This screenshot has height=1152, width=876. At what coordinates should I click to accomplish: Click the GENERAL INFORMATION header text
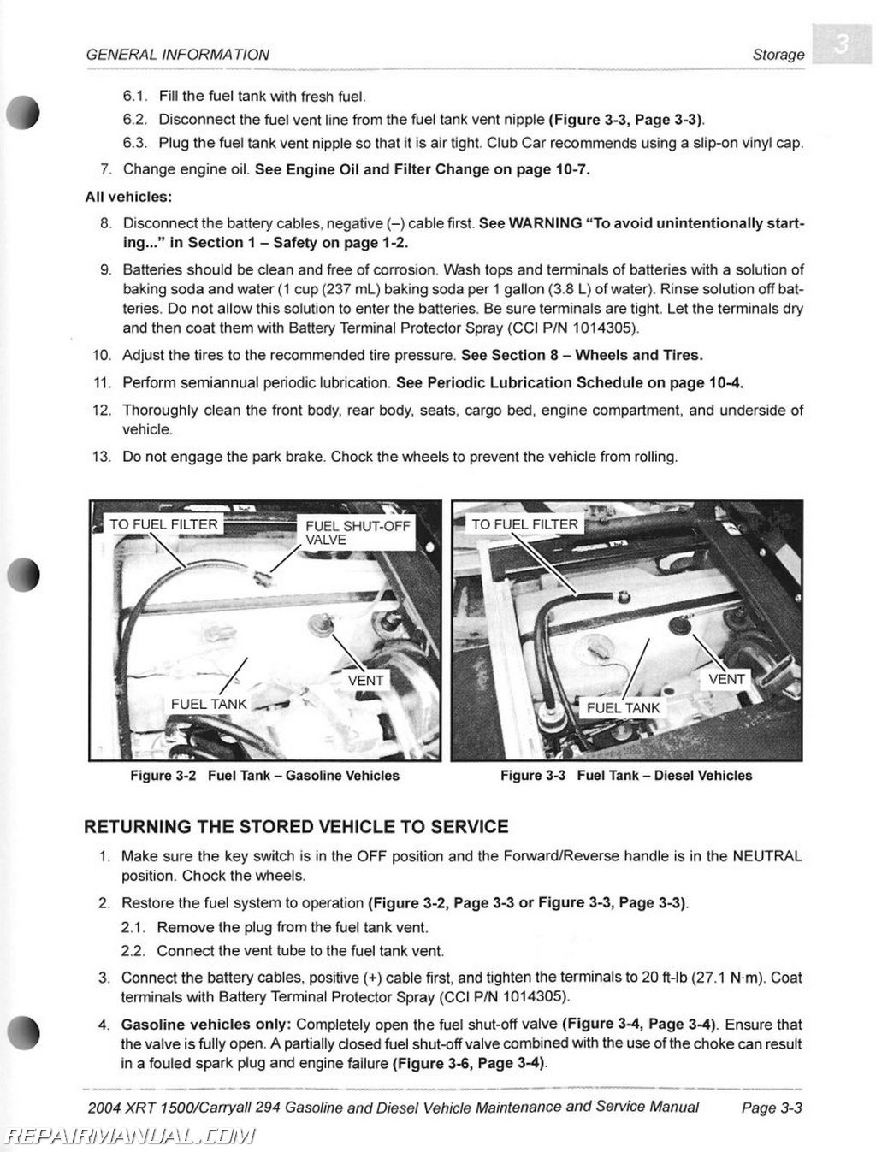[178, 55]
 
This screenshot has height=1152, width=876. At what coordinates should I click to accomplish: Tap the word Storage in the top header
[778, 55]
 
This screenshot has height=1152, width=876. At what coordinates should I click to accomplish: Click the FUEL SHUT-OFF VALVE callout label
[358, 533]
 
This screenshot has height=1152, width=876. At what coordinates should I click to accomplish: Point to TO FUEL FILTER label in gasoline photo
[163, 524]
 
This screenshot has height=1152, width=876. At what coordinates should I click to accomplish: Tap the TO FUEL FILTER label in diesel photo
[524, 524]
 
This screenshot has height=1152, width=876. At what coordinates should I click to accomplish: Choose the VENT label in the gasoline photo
[366, 681]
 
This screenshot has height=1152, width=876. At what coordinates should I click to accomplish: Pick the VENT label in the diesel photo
[726, 679]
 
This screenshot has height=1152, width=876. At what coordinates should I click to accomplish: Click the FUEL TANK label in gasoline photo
[209, 704]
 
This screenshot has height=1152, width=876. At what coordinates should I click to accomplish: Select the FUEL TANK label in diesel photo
[624, 708]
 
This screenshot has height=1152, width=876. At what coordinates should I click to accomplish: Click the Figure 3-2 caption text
[264, 776]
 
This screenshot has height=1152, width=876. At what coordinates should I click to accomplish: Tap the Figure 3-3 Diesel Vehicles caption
[626, 776]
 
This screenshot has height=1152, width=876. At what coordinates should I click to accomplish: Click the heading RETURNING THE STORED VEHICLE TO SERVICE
[296, 827]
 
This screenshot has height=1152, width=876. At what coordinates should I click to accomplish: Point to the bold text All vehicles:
[128, 197]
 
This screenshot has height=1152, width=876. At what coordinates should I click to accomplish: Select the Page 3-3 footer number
[771, 1108]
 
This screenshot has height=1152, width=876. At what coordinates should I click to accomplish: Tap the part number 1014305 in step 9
[607, 328]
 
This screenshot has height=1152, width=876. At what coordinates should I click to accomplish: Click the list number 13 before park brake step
[102, 457]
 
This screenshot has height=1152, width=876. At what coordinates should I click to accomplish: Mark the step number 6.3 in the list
[135, 143]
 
